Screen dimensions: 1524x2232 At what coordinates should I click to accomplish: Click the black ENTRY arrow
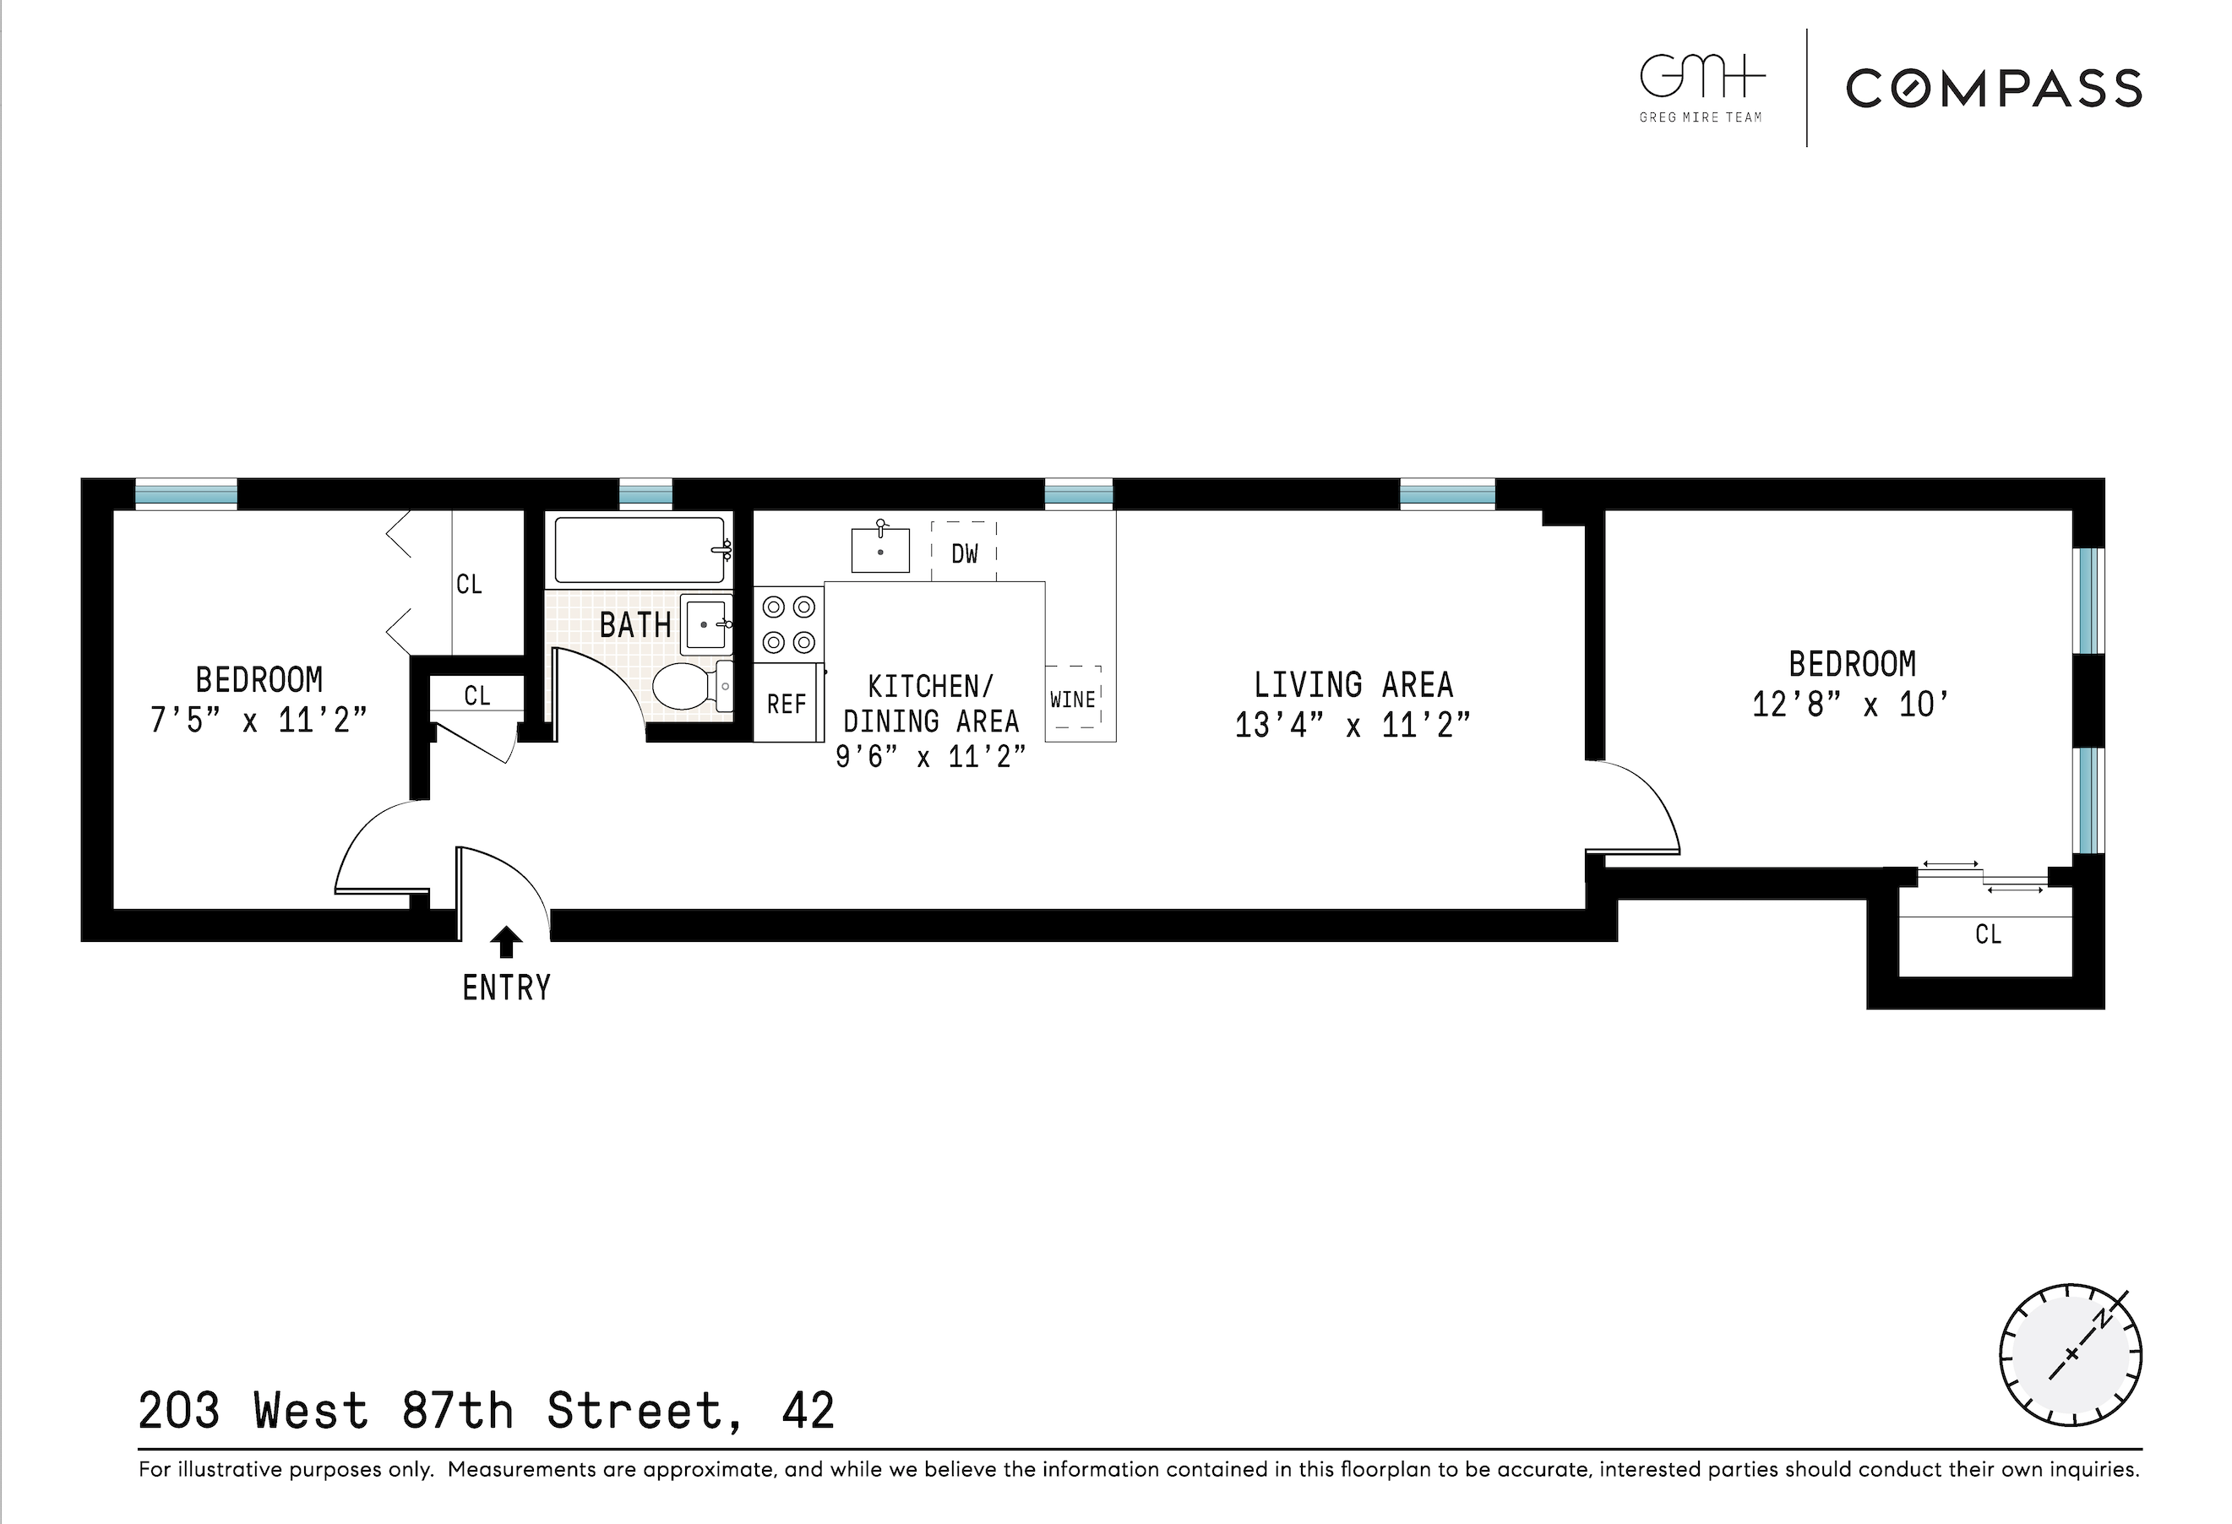[x=506, y=942]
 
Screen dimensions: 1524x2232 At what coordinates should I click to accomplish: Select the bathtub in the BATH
[x=640, y=549]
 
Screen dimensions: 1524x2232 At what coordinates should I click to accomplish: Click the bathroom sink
[x=706, y=624]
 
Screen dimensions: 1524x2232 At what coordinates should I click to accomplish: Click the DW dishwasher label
[x=964, y=553]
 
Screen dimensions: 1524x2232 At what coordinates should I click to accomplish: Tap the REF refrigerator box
[x=787, y=704]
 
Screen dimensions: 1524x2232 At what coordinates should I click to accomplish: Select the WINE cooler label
[x=1073, y=699]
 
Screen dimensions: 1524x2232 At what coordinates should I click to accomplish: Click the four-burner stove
[x=788, y=624]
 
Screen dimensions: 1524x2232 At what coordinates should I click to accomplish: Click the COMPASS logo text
[x=1993, y=89]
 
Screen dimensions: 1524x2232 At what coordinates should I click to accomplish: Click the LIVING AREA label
[x=1353, y=684]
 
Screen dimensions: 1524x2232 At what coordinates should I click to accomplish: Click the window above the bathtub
[x=645, y=493]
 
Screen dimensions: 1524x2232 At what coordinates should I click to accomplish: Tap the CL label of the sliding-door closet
[x=1988, y=933]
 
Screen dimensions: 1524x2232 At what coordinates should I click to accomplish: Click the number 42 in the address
[x=808, y=1411]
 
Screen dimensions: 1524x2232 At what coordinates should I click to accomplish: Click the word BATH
[x=634, y=625]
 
